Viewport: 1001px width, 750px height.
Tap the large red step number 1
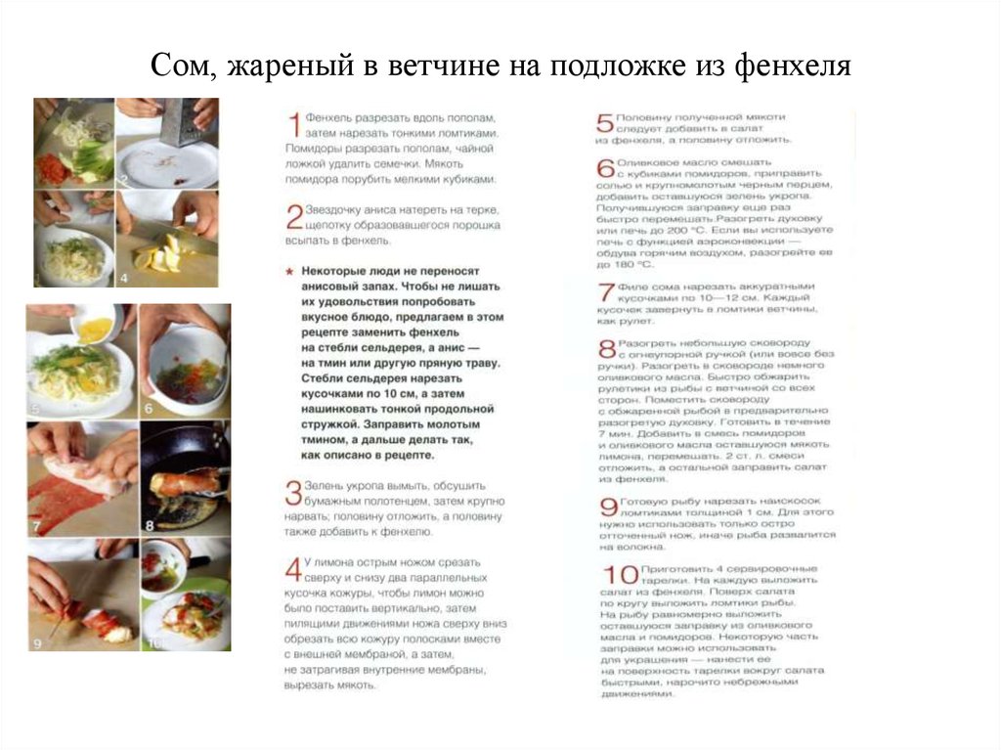(293, 126)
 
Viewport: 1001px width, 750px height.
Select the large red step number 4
(292, 569)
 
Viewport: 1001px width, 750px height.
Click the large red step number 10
(616, 576)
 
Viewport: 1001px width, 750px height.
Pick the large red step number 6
(604, 168)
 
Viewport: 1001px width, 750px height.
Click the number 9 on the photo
(36, 643)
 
